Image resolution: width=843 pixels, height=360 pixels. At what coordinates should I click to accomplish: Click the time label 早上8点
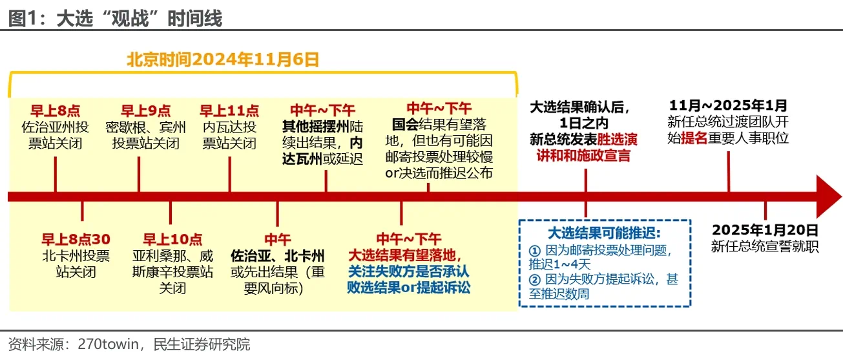[x=56, y=111]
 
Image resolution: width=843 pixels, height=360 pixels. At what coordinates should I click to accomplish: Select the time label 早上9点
[x=145, y=111]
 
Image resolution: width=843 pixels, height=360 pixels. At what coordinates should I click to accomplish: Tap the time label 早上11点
[x=229, y=111]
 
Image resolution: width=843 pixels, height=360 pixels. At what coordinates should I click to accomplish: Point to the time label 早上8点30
[x=76, y=239]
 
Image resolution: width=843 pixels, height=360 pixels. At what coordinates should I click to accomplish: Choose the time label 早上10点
[x=172, y=239]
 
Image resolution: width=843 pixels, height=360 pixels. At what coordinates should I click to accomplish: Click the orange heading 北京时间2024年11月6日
[x=223, y=59]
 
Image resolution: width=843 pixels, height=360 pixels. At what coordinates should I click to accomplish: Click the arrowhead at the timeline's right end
[x=828, y=196]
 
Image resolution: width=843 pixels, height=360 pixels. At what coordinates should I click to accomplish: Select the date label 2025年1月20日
[x=765, y=229]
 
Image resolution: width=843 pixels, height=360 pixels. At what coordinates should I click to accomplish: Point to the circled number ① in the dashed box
[x=535, y=250]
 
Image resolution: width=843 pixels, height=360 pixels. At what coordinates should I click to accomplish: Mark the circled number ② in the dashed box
[x=535, y=280]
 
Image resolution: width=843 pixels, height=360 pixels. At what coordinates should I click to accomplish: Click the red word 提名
[x=694, y=138]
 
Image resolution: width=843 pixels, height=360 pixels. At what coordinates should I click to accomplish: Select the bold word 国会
[x=405, y=125]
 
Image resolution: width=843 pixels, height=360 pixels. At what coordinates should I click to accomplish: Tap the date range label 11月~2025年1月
[x=728, y=105]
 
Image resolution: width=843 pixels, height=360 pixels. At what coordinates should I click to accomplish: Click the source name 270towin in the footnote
[x=109, y=344]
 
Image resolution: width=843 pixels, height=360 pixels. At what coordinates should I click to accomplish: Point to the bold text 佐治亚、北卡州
[x=277, y=256]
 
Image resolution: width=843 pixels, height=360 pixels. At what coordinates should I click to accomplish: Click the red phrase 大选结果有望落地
[x=402, y=256]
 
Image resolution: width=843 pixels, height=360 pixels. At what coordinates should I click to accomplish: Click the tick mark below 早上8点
[x=56, y=175]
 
